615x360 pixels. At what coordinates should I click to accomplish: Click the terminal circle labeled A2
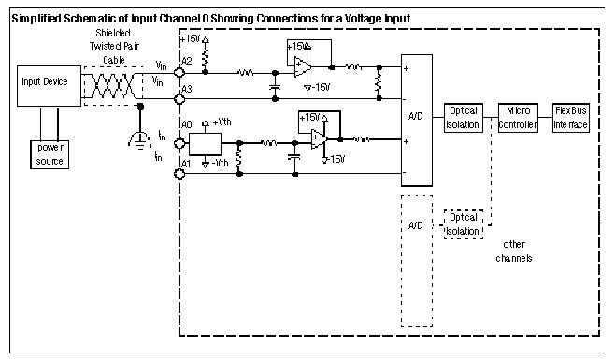[179, 72]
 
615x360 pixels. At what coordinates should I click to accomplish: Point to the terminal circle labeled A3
[179, 99]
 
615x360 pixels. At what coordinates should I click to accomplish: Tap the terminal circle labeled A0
[179, 144]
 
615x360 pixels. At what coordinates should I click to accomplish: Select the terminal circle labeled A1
[179, 174]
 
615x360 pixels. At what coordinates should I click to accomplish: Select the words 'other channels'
[514, 252]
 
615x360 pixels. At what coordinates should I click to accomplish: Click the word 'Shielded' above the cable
[112, 33]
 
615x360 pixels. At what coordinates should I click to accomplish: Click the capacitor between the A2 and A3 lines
[275, 87]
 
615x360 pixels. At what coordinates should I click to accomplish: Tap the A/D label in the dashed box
[416, 225]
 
